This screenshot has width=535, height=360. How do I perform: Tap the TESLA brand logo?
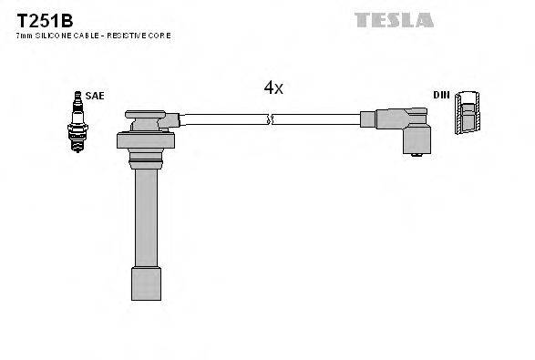(395, 19)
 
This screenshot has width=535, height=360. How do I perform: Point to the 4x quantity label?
(273, 87)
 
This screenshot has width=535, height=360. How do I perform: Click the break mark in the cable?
(270, 118)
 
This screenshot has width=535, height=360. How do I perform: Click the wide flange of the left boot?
(145, 140)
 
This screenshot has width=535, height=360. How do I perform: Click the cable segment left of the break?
(223, 118)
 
